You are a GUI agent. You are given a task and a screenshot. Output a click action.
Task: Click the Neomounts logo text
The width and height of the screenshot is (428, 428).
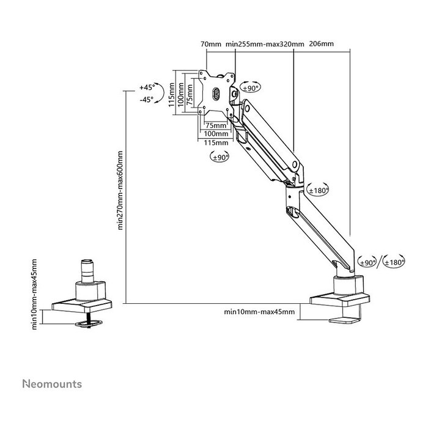(52, 384)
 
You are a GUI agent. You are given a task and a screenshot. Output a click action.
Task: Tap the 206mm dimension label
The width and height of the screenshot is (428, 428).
(322, 44)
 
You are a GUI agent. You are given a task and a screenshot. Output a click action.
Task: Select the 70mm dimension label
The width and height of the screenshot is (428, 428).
(211, 44)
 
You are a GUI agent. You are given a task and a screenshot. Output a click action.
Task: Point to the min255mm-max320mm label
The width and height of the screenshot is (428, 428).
(265, 44)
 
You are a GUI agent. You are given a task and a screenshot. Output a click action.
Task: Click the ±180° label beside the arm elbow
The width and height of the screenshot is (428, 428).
(319, 191)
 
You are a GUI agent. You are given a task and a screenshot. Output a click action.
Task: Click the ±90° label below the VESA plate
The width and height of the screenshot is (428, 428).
(220, 158)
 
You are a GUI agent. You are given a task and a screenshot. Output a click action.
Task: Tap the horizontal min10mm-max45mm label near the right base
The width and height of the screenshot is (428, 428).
(259, 312)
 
